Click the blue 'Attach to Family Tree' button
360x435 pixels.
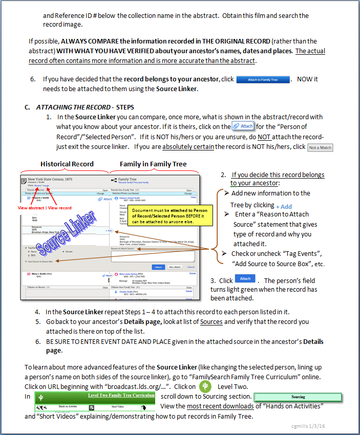click(263, 79)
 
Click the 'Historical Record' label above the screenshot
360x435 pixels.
click(67, 164)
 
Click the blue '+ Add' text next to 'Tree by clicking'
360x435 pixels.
click(284, 207)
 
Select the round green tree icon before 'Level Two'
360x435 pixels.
click(205, 386)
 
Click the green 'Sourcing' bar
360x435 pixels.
click(298, 397)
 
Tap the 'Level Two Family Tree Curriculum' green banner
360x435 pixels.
click(121, 396)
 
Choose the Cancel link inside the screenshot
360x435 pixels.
click(191, 267)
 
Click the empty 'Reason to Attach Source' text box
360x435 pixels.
click(154, 255)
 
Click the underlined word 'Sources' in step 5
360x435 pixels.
click(211, 322)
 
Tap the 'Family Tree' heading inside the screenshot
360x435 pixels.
click(128, 180)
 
